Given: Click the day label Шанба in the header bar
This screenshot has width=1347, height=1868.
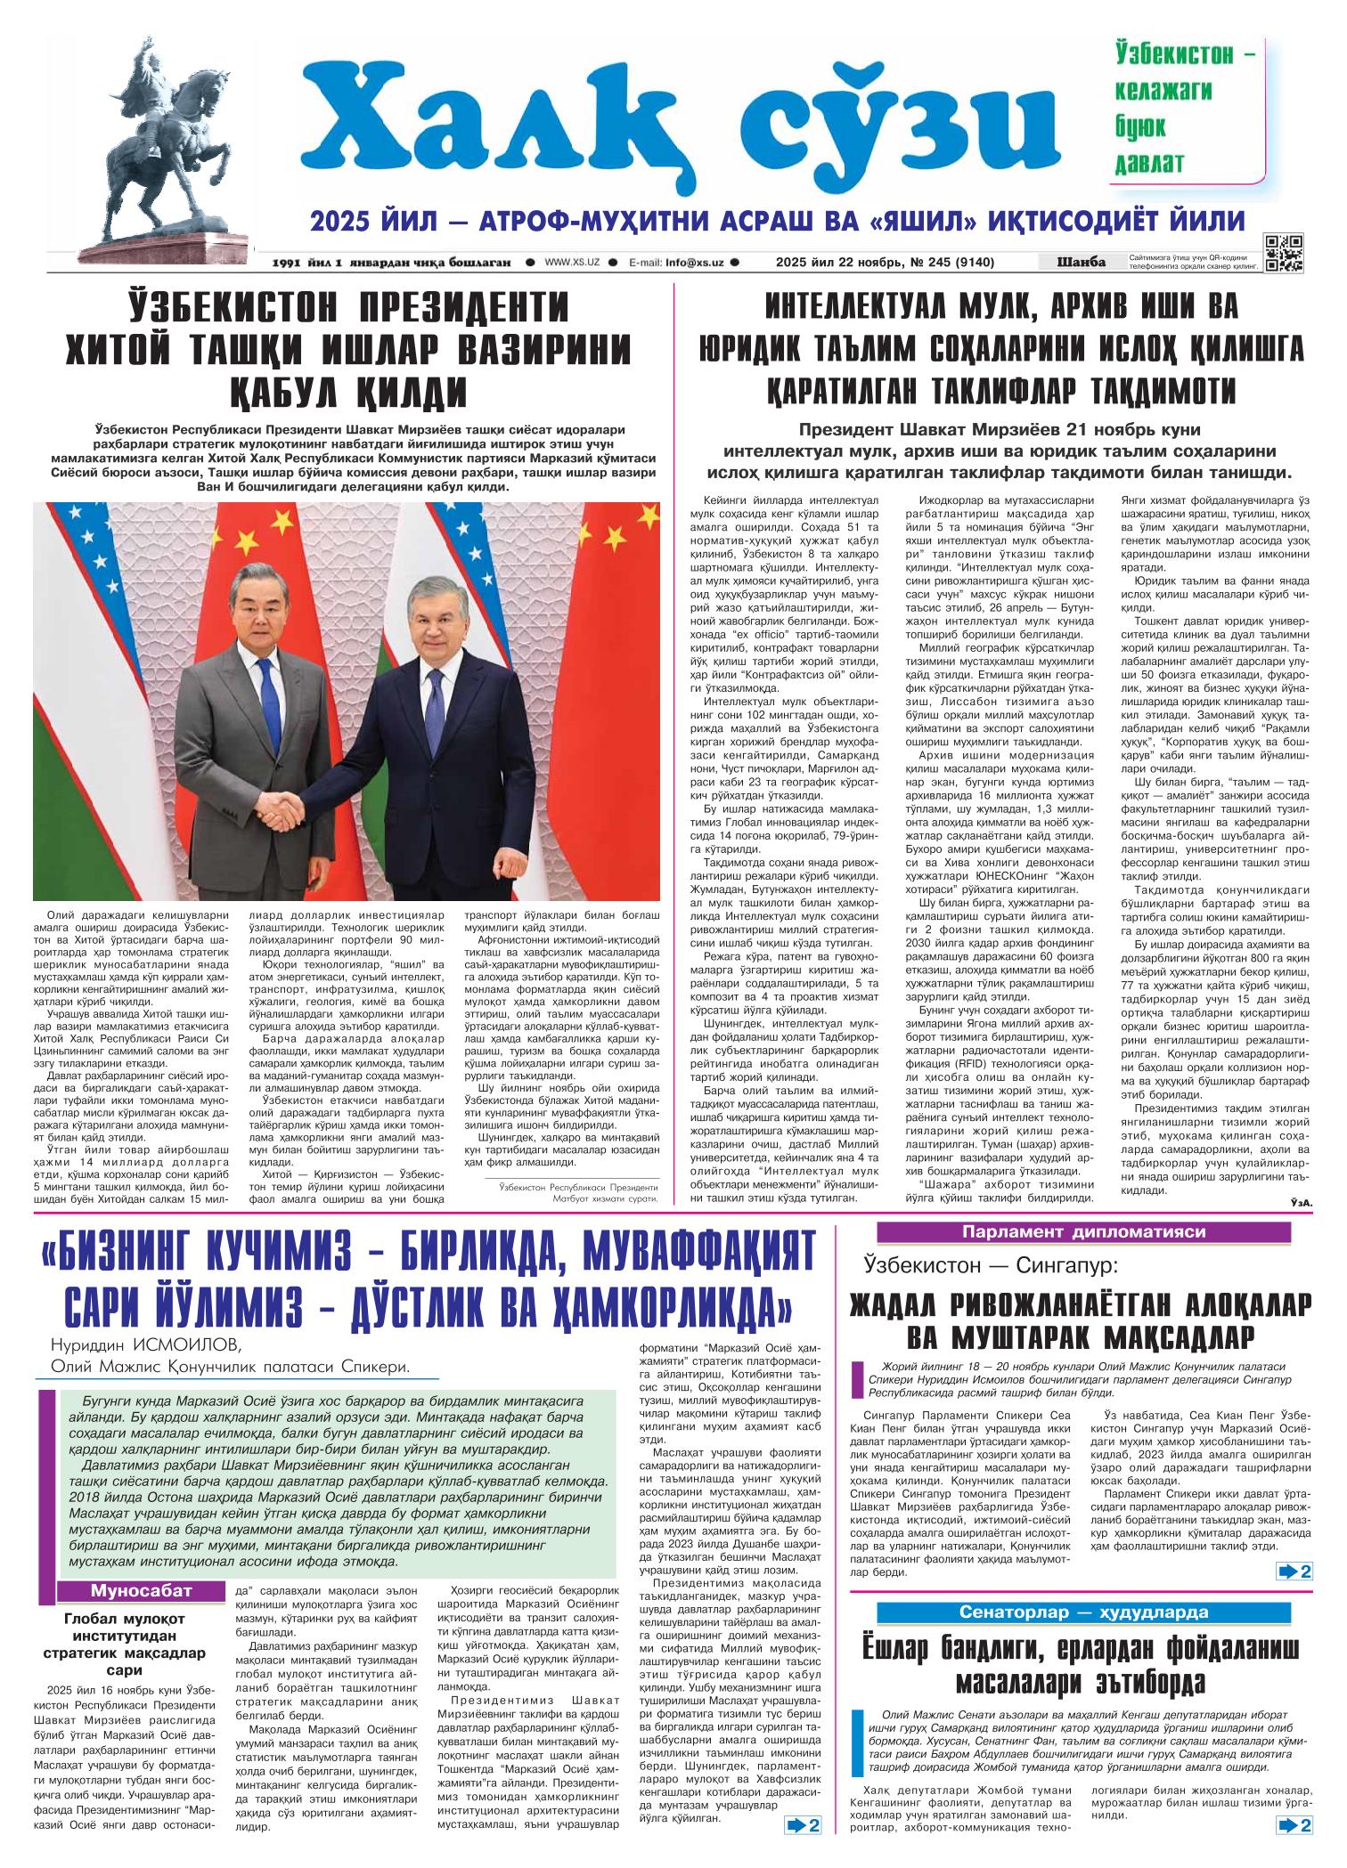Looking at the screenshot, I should coord(1080,262).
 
